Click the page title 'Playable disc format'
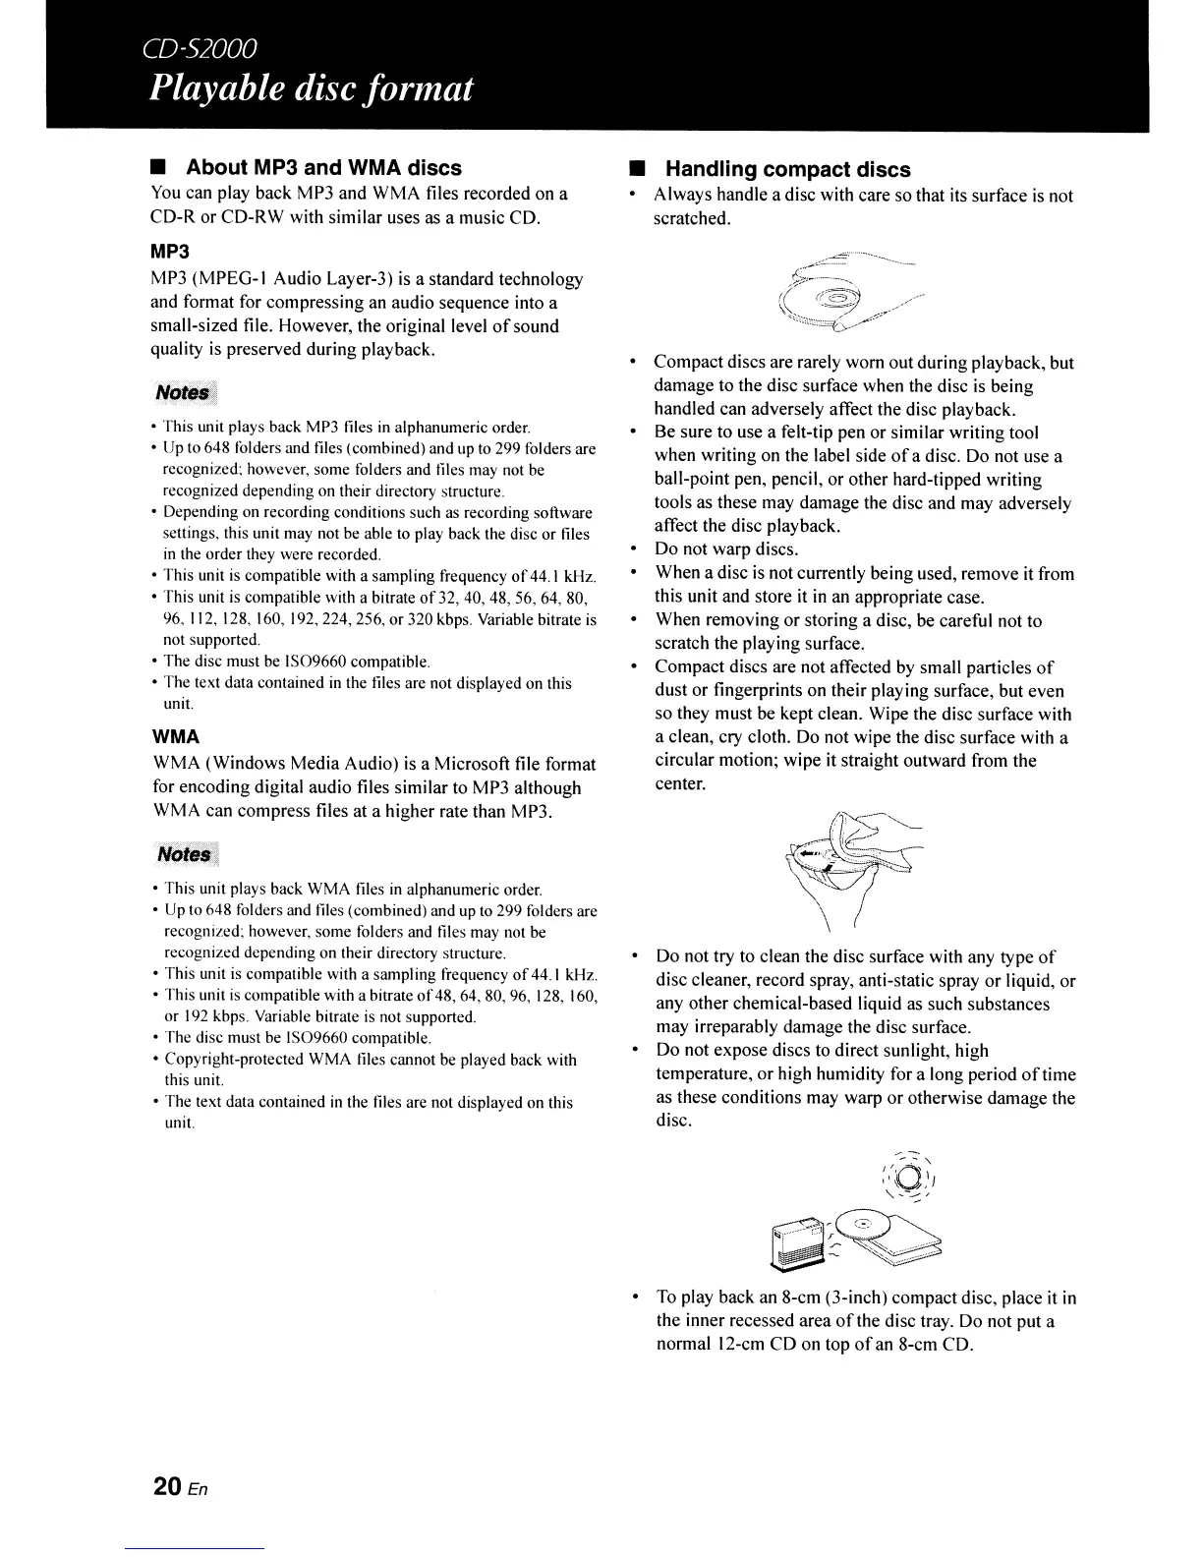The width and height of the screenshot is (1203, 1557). [312, 89]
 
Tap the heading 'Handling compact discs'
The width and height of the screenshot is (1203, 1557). [788, 169]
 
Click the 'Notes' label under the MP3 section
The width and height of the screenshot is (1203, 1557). [182, 392]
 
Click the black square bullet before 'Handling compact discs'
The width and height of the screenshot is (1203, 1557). [635, 169]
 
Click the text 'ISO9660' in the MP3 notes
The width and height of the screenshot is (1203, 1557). [297, 661]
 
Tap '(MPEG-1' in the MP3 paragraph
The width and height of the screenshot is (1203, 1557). [234, 279]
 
